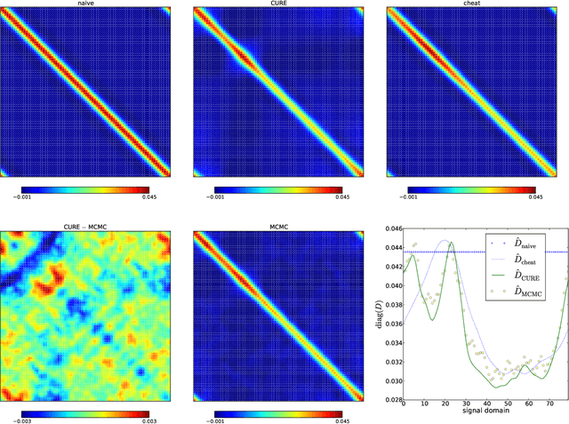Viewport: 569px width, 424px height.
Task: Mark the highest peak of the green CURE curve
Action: pos(450,243)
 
